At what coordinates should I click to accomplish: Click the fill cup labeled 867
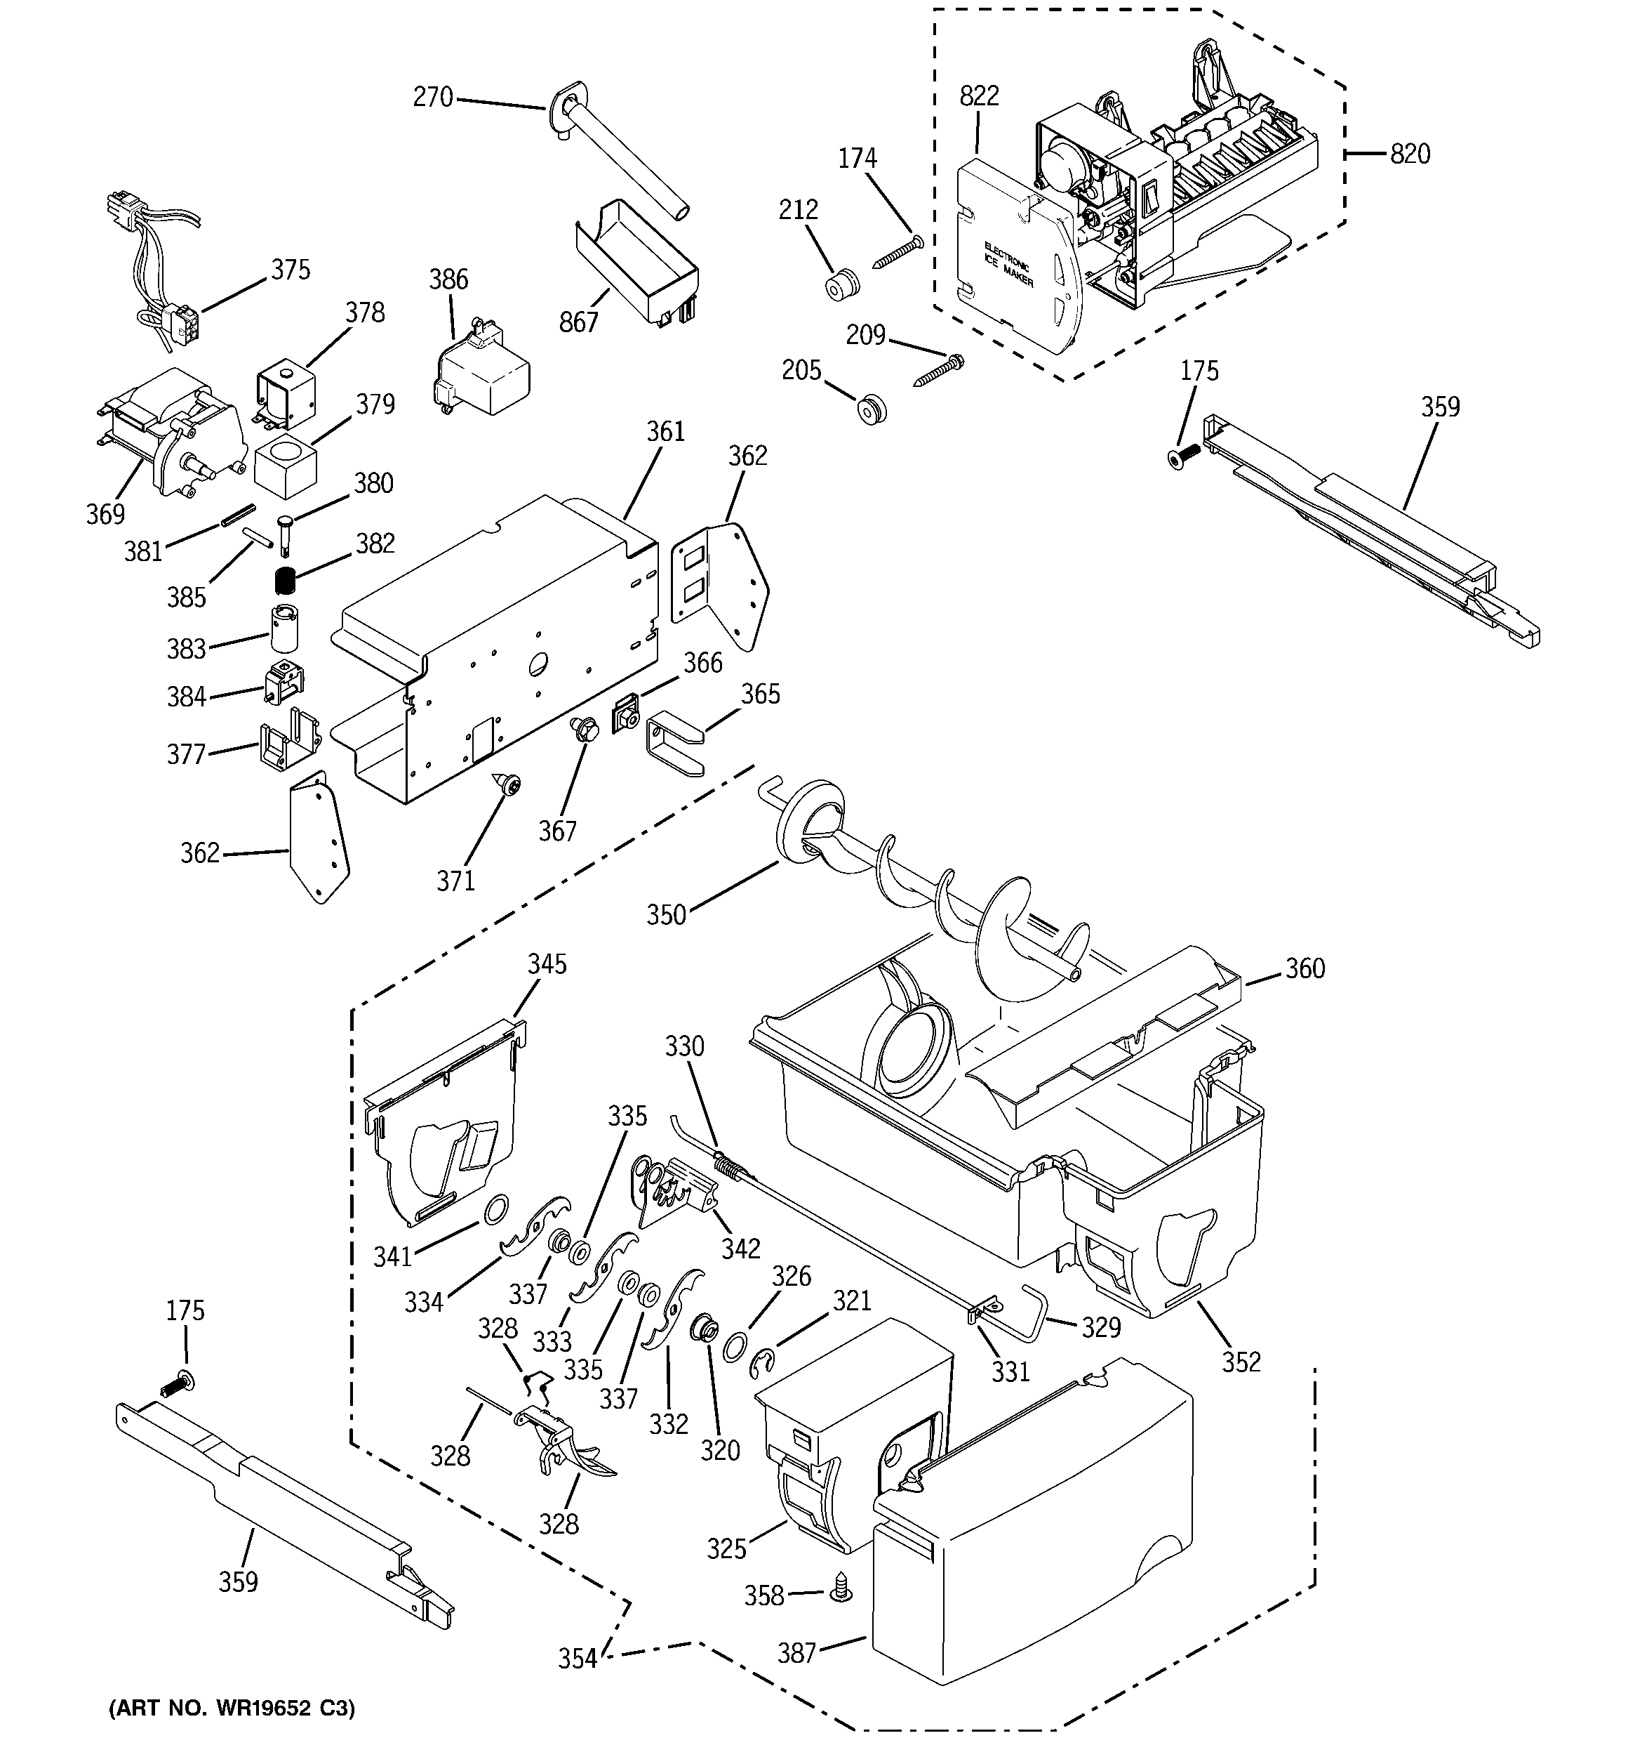[x=638, y=262]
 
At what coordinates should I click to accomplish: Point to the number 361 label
[x=665, y=432]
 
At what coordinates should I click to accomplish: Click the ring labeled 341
[x=495, y=1210]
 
